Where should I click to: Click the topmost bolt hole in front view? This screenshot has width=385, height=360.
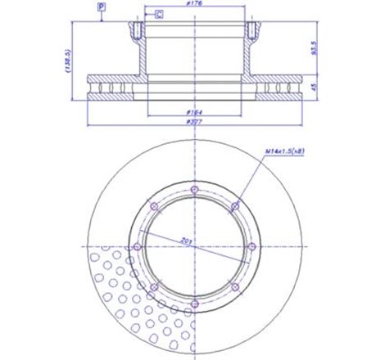194,191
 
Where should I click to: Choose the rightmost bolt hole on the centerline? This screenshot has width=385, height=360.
250,246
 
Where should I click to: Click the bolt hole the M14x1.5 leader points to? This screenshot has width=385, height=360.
233,206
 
